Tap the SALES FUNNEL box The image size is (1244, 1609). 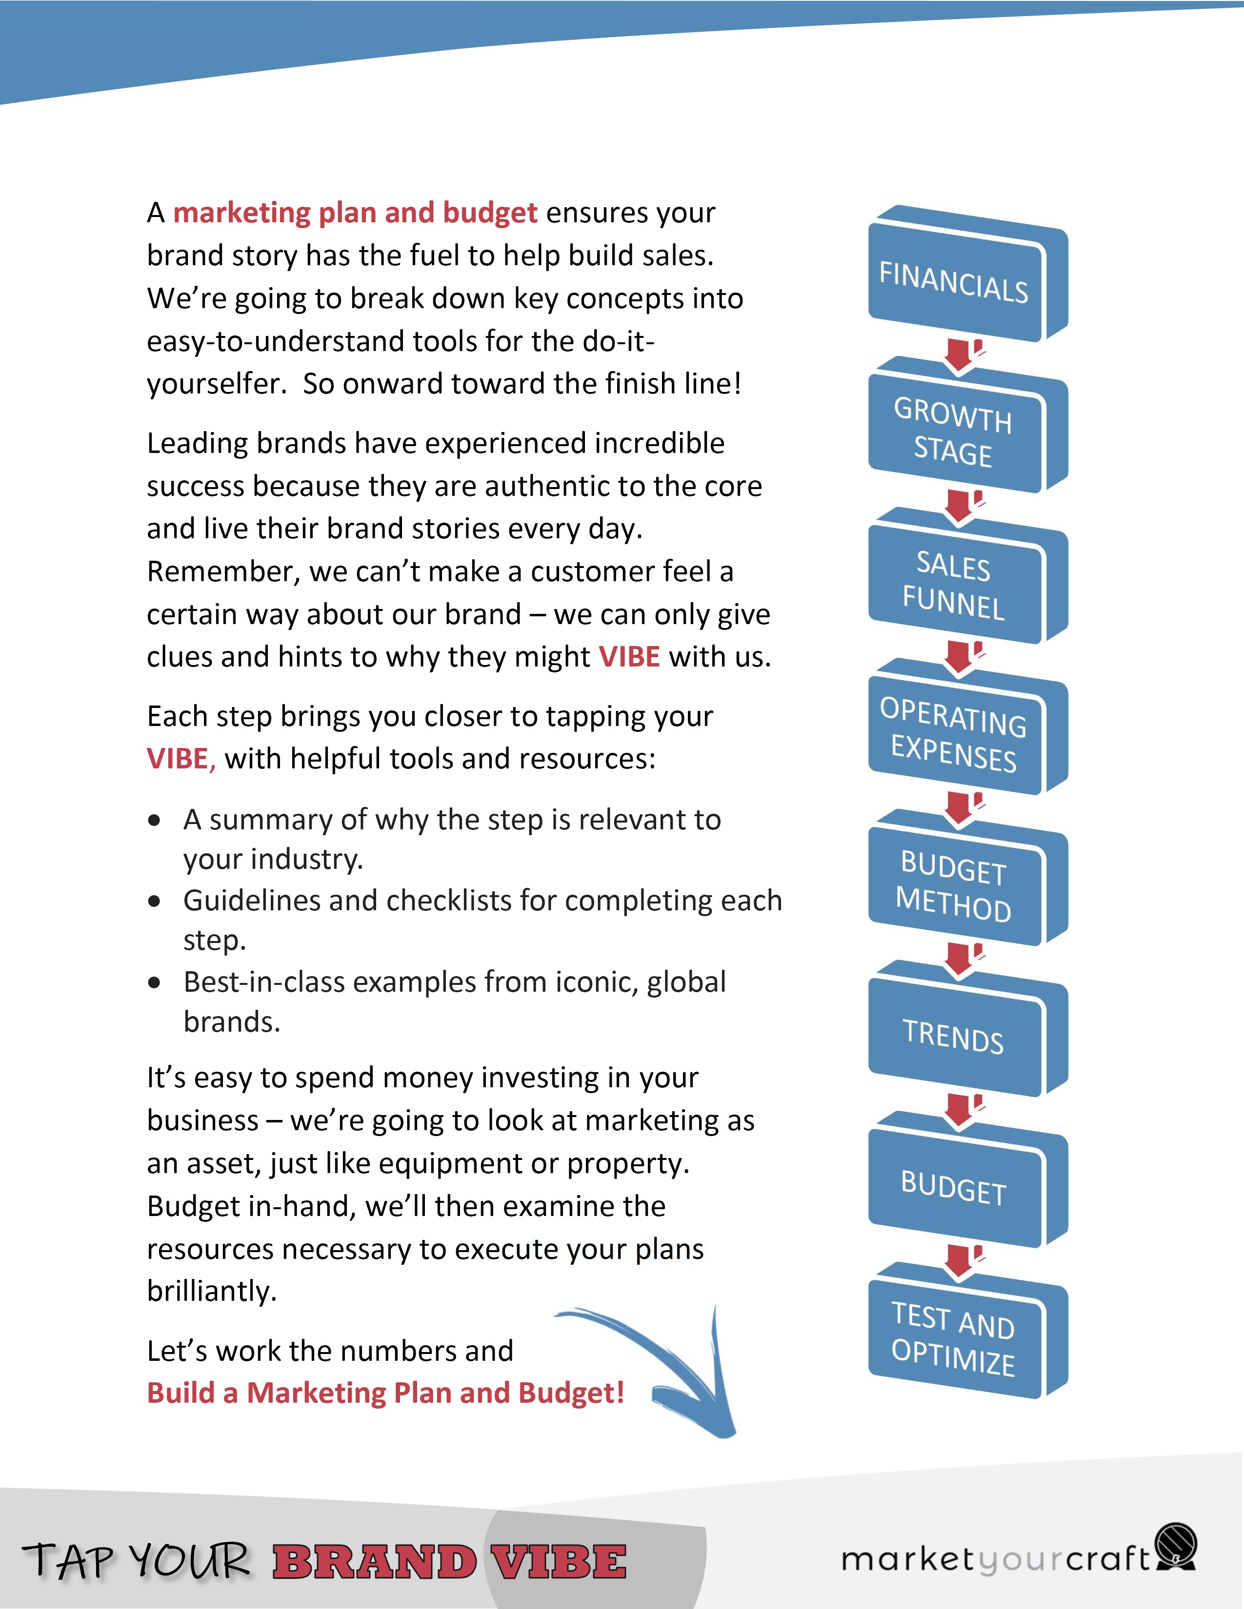[954, 584]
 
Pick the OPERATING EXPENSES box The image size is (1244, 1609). [954, 734]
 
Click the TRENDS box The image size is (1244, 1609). [954, 1037]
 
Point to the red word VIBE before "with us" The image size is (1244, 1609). [629, 656]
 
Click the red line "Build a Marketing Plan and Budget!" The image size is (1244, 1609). [385, 1393]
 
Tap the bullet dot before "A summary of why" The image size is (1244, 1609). [154, 820]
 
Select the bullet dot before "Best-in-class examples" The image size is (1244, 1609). [154, 983]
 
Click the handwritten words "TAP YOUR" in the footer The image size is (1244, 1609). [136, 1560]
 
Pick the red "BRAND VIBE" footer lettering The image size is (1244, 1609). [450, 1562]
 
